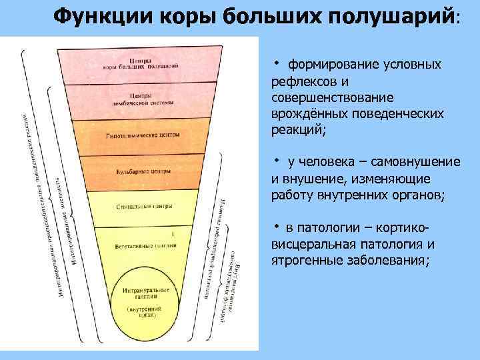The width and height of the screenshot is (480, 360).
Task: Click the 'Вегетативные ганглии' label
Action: click(141, 245)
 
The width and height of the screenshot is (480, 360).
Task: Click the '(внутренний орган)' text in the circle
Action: click(141, 315)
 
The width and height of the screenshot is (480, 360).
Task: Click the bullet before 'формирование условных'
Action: click(277, 63)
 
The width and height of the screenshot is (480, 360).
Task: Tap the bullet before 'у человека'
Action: click(277, 161)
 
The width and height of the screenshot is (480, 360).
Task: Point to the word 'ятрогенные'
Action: click(302, 260)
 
